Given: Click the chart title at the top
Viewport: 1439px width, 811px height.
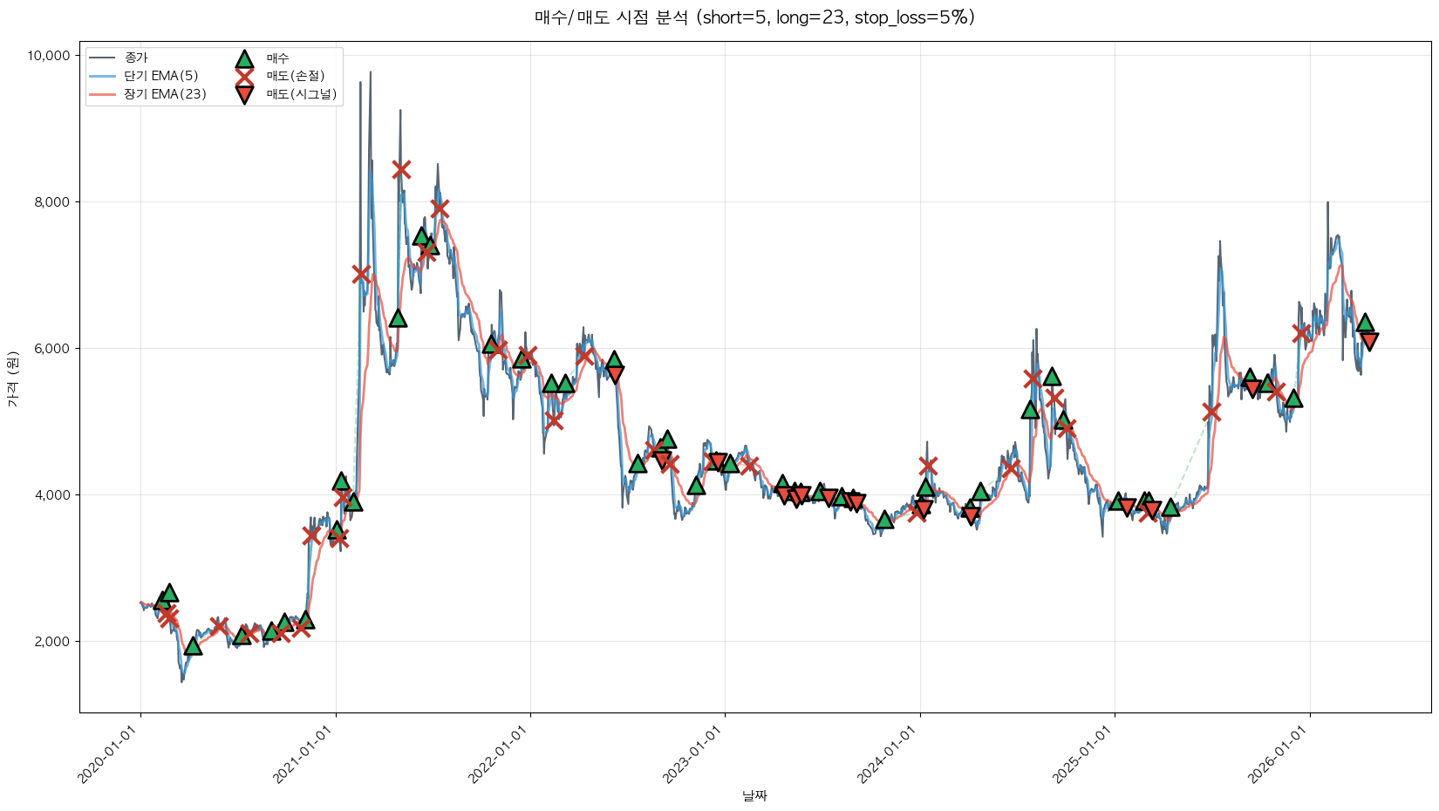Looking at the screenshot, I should [x=754, y=17].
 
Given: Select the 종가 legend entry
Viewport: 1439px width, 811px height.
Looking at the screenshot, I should [x=136, y=58].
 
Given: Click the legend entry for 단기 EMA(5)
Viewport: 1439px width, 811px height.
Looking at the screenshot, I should [x=161, y=76].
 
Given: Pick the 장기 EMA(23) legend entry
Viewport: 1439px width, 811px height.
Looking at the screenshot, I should [x=166, y=94].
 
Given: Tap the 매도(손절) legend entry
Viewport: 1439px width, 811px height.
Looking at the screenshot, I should [x=296, y=76].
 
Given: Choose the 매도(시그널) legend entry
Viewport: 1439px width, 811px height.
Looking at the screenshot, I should [x=301, y=94].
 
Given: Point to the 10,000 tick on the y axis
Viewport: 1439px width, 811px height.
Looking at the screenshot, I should [x=49, y=56].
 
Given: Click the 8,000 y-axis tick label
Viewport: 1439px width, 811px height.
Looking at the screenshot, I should [x=51, y=202].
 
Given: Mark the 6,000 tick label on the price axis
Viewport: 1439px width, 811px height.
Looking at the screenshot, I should [x=51, y=349].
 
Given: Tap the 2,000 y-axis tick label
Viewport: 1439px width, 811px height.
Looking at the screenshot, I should [x=51, y=642].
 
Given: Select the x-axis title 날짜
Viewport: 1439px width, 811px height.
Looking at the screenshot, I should [x=754, y=795].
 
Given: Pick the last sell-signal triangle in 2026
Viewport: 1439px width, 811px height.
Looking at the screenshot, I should [x=1369, y=341].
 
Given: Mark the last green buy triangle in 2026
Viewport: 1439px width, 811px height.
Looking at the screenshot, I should [x=1365, y=323].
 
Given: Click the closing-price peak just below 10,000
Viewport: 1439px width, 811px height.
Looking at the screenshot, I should [x=370, y=73].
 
